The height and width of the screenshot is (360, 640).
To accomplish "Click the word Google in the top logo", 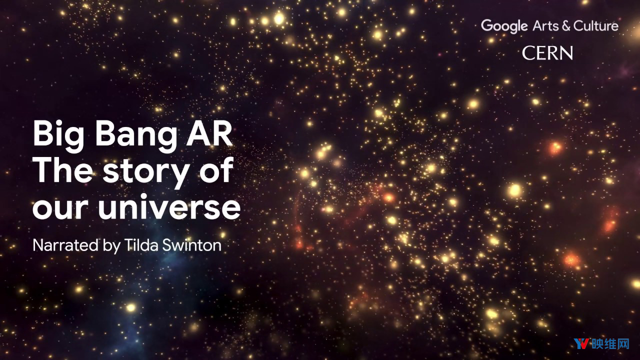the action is [504, 26].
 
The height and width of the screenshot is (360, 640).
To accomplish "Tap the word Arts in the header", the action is [545, 26].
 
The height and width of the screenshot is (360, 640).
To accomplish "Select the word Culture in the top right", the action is [596, 25].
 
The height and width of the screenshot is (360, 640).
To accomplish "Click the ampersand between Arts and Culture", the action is [566, 26].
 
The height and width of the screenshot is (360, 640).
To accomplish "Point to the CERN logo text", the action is [547, 53].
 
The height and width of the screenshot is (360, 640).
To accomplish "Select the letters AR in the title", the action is [209, 133].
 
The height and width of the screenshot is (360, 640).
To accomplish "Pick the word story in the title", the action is [146, 173].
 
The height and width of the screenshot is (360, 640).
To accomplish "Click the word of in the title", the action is [216, 169].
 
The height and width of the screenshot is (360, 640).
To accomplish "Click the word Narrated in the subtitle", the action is [65, 245].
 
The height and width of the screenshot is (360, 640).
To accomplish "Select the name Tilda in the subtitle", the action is [141, 245].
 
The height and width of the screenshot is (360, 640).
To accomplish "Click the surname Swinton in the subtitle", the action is [192, 245].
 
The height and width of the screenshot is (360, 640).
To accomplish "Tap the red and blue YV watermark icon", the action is [581, 343].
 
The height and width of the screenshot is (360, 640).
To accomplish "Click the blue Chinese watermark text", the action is [610, 343].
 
